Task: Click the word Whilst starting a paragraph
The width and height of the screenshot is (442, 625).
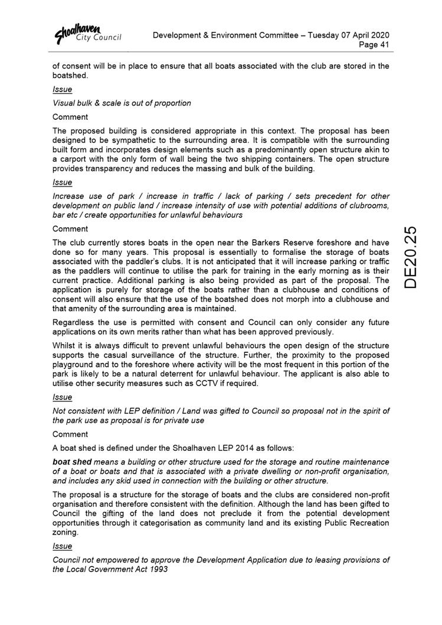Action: (x=66, y=345)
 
